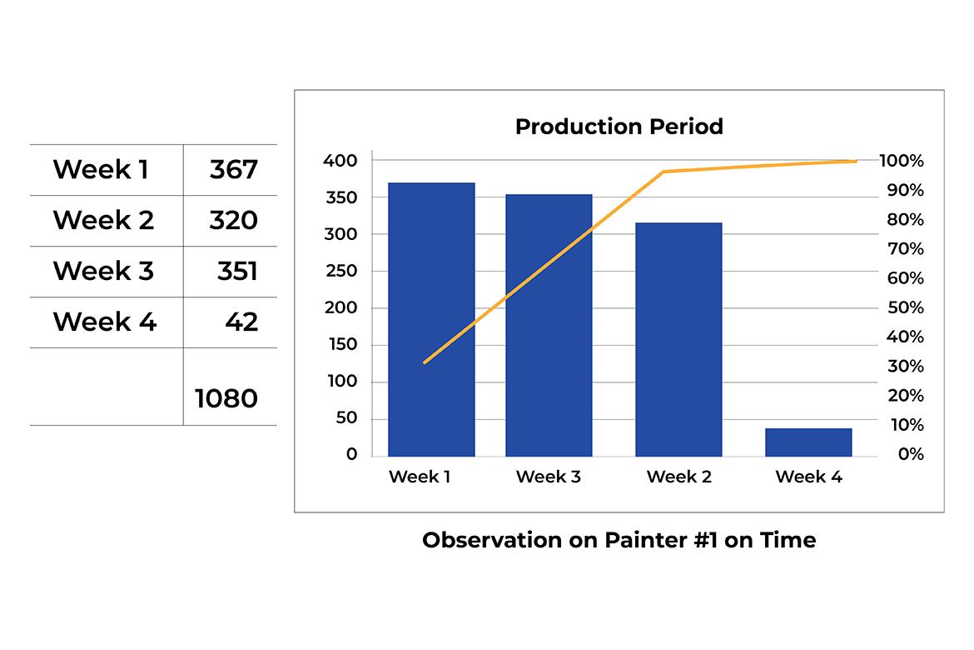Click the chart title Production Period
coord(619,127)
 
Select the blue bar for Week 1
coord(431,320)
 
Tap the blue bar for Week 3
coord(549,325)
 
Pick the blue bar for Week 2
coord(678,340)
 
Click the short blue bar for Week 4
coord(808,442)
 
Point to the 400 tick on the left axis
coord(340,161)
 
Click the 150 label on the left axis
coord(341,344)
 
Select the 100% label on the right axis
coord(902,161)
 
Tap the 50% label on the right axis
coord(905,307)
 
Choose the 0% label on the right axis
coord(911,454)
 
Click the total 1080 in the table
coord(226,398)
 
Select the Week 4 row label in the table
coord(104,322)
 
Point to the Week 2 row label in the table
coord(103,220)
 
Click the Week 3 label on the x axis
coord(548,477)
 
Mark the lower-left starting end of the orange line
coord(425,362)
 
